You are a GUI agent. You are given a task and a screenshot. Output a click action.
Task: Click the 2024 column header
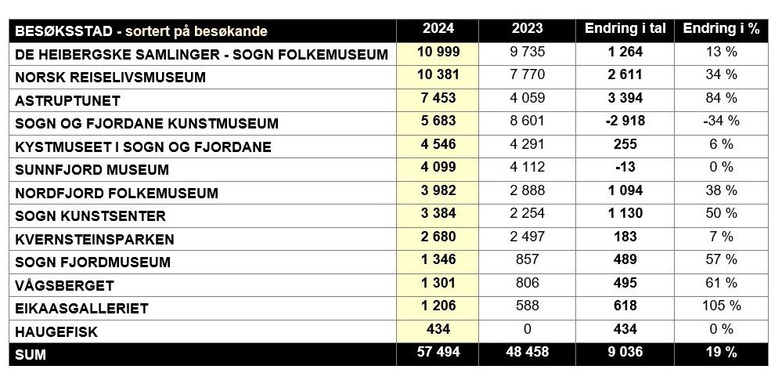click(x=438, y=30)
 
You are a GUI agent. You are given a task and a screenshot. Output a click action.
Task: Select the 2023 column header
click(x=527, y=30)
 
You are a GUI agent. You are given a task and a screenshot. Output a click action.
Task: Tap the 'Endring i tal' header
click(x=625, y=30)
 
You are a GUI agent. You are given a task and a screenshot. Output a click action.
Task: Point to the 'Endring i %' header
click(x=721, y=30)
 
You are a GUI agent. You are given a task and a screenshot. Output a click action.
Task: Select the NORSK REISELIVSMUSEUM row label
click(x=110, y=77)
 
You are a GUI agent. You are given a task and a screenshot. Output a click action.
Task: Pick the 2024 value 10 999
click(x=438, y=52)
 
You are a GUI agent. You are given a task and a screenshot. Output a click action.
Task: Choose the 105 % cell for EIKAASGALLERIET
click(x=721, y=306)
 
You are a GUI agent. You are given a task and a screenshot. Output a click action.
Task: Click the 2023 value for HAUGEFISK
click(x=527, y=329)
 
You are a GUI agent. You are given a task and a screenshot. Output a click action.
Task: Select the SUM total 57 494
click(x=438, y=353)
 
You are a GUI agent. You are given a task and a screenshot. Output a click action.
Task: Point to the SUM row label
click(x=31, y=354)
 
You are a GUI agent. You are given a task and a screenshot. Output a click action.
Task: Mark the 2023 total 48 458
click(x=527, y=353)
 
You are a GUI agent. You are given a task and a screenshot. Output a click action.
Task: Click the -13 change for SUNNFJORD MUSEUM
click(x=625, y=168)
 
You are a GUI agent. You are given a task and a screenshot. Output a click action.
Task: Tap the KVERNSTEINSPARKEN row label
click(x=94, y=239)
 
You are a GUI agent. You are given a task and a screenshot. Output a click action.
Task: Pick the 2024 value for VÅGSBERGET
click(x=438, y=283)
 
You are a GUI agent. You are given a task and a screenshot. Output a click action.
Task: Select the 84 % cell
click(x=721, y=99)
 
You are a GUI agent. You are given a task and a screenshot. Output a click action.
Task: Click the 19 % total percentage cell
click(x=721, y=353)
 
